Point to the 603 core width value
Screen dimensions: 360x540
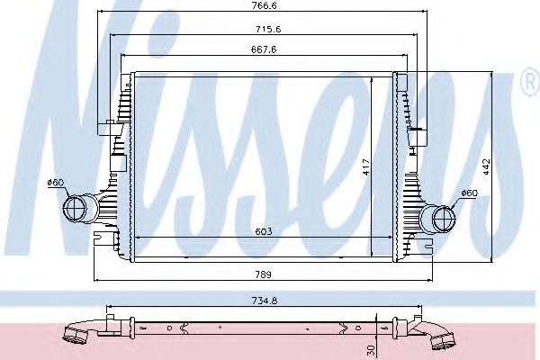264,232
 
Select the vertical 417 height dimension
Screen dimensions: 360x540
365,167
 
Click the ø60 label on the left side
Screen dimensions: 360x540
56,184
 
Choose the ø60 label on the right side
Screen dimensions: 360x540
468,193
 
